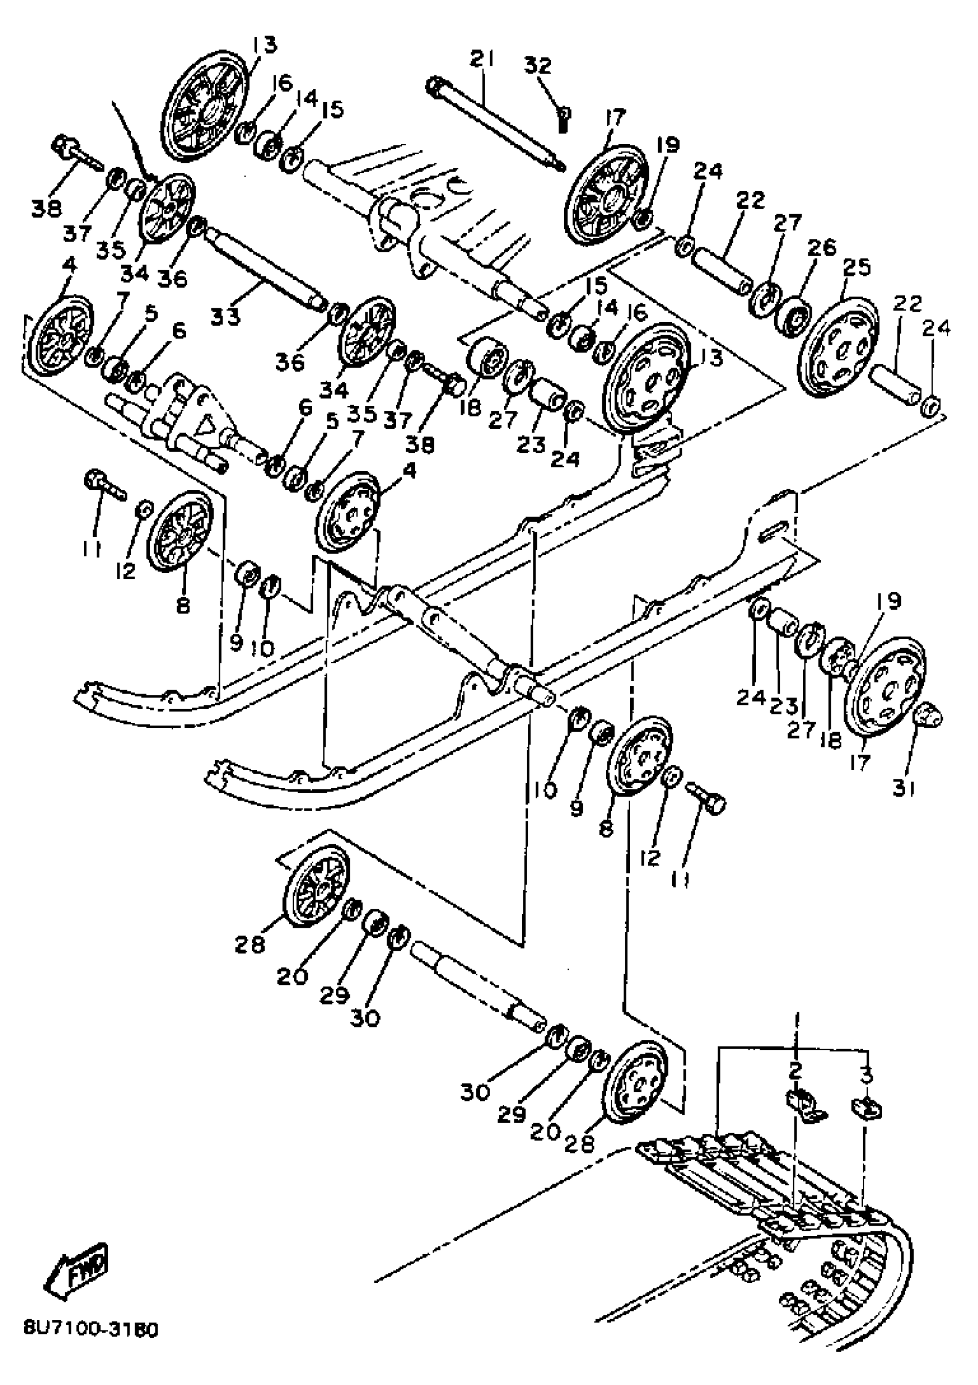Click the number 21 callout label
482,59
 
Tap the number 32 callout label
537,65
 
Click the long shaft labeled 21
495,124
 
